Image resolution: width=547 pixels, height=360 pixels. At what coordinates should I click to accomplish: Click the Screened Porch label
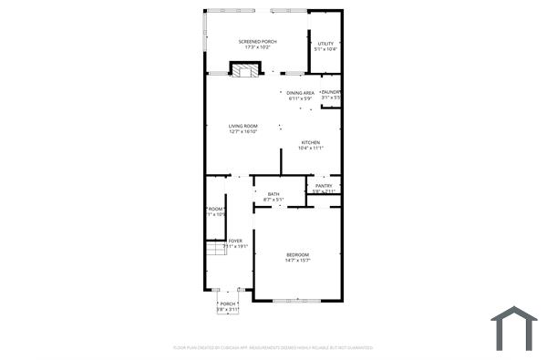point(257,41)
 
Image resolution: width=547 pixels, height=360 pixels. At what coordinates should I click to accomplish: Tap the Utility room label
point(325,43)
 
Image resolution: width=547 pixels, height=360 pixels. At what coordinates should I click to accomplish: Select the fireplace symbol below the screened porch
point(243,70)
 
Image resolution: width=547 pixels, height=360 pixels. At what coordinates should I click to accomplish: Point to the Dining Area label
point(301,92)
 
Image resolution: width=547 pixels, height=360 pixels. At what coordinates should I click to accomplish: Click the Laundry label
point(331,91)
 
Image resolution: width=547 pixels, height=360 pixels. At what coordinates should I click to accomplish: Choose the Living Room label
point(243,126)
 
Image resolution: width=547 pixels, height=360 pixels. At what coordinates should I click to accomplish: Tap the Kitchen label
point(311,142)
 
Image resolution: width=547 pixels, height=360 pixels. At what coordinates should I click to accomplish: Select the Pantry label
point(324,186)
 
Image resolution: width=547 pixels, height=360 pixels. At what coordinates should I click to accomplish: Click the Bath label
point(273,193)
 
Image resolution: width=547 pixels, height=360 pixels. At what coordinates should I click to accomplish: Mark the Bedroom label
point(297,254)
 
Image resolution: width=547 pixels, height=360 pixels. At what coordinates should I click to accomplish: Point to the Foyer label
point(235,241)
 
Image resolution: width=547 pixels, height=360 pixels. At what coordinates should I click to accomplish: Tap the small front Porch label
point(228,303)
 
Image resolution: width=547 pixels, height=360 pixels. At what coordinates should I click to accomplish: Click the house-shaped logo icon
point(514,327)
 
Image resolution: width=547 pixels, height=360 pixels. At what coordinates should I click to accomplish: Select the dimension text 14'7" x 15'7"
point(297,261)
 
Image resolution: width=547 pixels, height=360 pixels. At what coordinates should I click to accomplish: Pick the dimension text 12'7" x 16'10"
point(243,132)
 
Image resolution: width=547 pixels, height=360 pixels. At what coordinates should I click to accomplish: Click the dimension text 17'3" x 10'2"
point(257,47)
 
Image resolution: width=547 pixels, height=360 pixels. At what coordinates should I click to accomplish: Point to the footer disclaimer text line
point(273,347)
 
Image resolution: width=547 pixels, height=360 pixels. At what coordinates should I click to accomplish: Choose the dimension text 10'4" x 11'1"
point(311,149)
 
